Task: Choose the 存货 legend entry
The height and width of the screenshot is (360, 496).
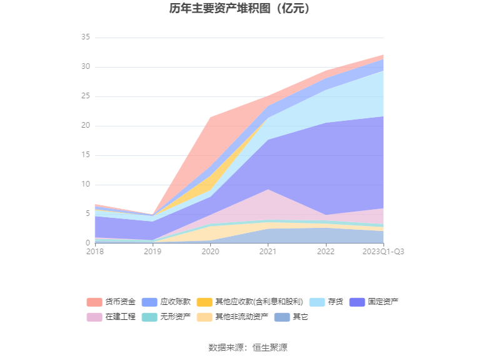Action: pyautogui.click(x=335, y=302)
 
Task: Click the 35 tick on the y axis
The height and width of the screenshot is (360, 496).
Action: pyautogui.click(x=86, y=38)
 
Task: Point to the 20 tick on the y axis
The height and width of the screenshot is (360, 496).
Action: pyautogui.click(x=86, y=126)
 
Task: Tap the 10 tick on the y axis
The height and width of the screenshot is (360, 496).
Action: pyautogui.click(x=86, y=185)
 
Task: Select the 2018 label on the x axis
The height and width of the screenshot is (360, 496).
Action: pyautogui.click(x=95, y=252)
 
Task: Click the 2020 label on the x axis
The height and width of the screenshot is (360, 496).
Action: pyautogui.click(x=210, y=252)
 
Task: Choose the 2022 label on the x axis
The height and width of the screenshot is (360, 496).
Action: pyautogui.click(x=326, y=252)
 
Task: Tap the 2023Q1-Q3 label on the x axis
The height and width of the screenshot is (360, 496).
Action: pyautogui.click(x=383, y=252)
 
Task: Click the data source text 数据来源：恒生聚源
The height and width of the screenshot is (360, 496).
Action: pyautogui.click(x=248, y=347)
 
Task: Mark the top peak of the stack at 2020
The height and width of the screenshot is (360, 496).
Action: pyautogui.click(x=211, y=117)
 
